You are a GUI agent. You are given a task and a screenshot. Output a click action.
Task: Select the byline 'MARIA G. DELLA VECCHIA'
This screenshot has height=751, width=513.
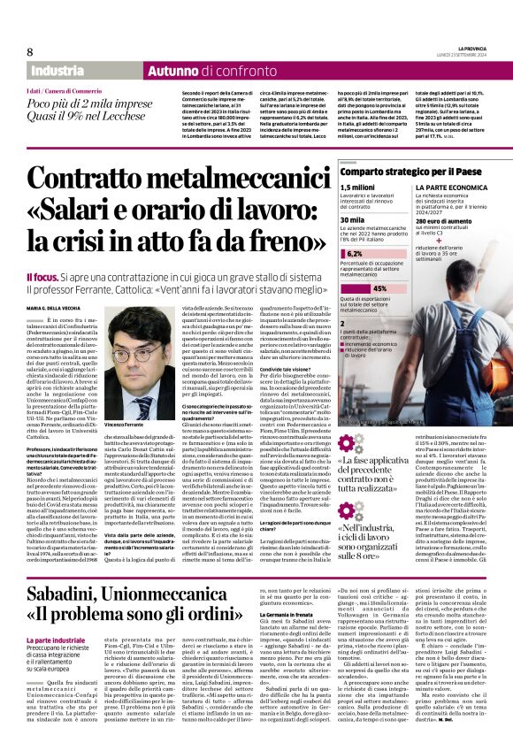point(57,306)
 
